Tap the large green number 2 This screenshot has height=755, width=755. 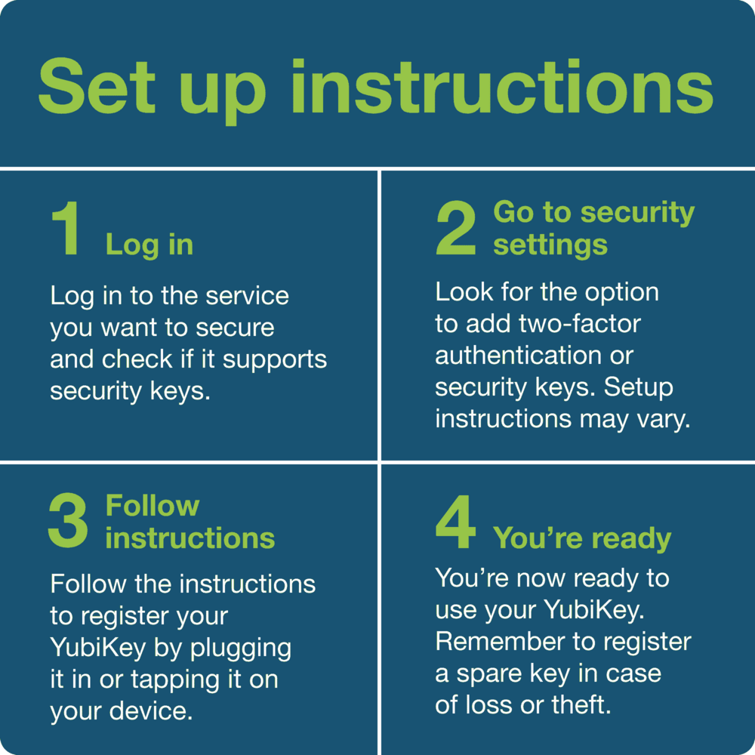pos(456,230)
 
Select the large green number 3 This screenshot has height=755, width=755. pos(68,521)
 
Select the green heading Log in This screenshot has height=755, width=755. pos(149,245)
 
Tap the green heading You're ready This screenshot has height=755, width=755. pos(582,538)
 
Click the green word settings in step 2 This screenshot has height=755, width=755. pos(550,245)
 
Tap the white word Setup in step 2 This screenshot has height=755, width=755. pos(639,387)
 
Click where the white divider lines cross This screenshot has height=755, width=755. pos(379,462)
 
